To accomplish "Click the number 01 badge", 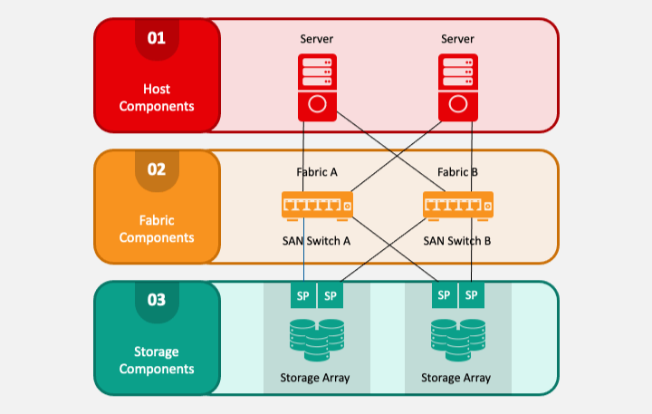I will pos(157,38).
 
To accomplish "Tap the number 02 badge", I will pos(157,169).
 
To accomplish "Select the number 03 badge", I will pos(157,300).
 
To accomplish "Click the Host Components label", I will pos(157,97).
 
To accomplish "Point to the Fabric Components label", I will pos(157,228).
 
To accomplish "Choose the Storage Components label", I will pos(157,360).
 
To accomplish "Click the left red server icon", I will pos(317,87).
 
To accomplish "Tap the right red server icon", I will pos(457,87).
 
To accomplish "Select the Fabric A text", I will pos(317,172).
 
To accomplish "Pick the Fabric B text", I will pos(457,172).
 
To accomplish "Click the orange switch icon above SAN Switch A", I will pos(317,206).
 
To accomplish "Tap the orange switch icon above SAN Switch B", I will pos(458,206).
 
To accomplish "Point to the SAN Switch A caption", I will pos(317,242).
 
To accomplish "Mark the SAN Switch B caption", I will pos(457,242).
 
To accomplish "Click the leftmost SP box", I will pos(303,295).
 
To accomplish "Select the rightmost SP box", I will pos(471,295).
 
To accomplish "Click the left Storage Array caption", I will pos(316,377).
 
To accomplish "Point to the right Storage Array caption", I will pos(456,377).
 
